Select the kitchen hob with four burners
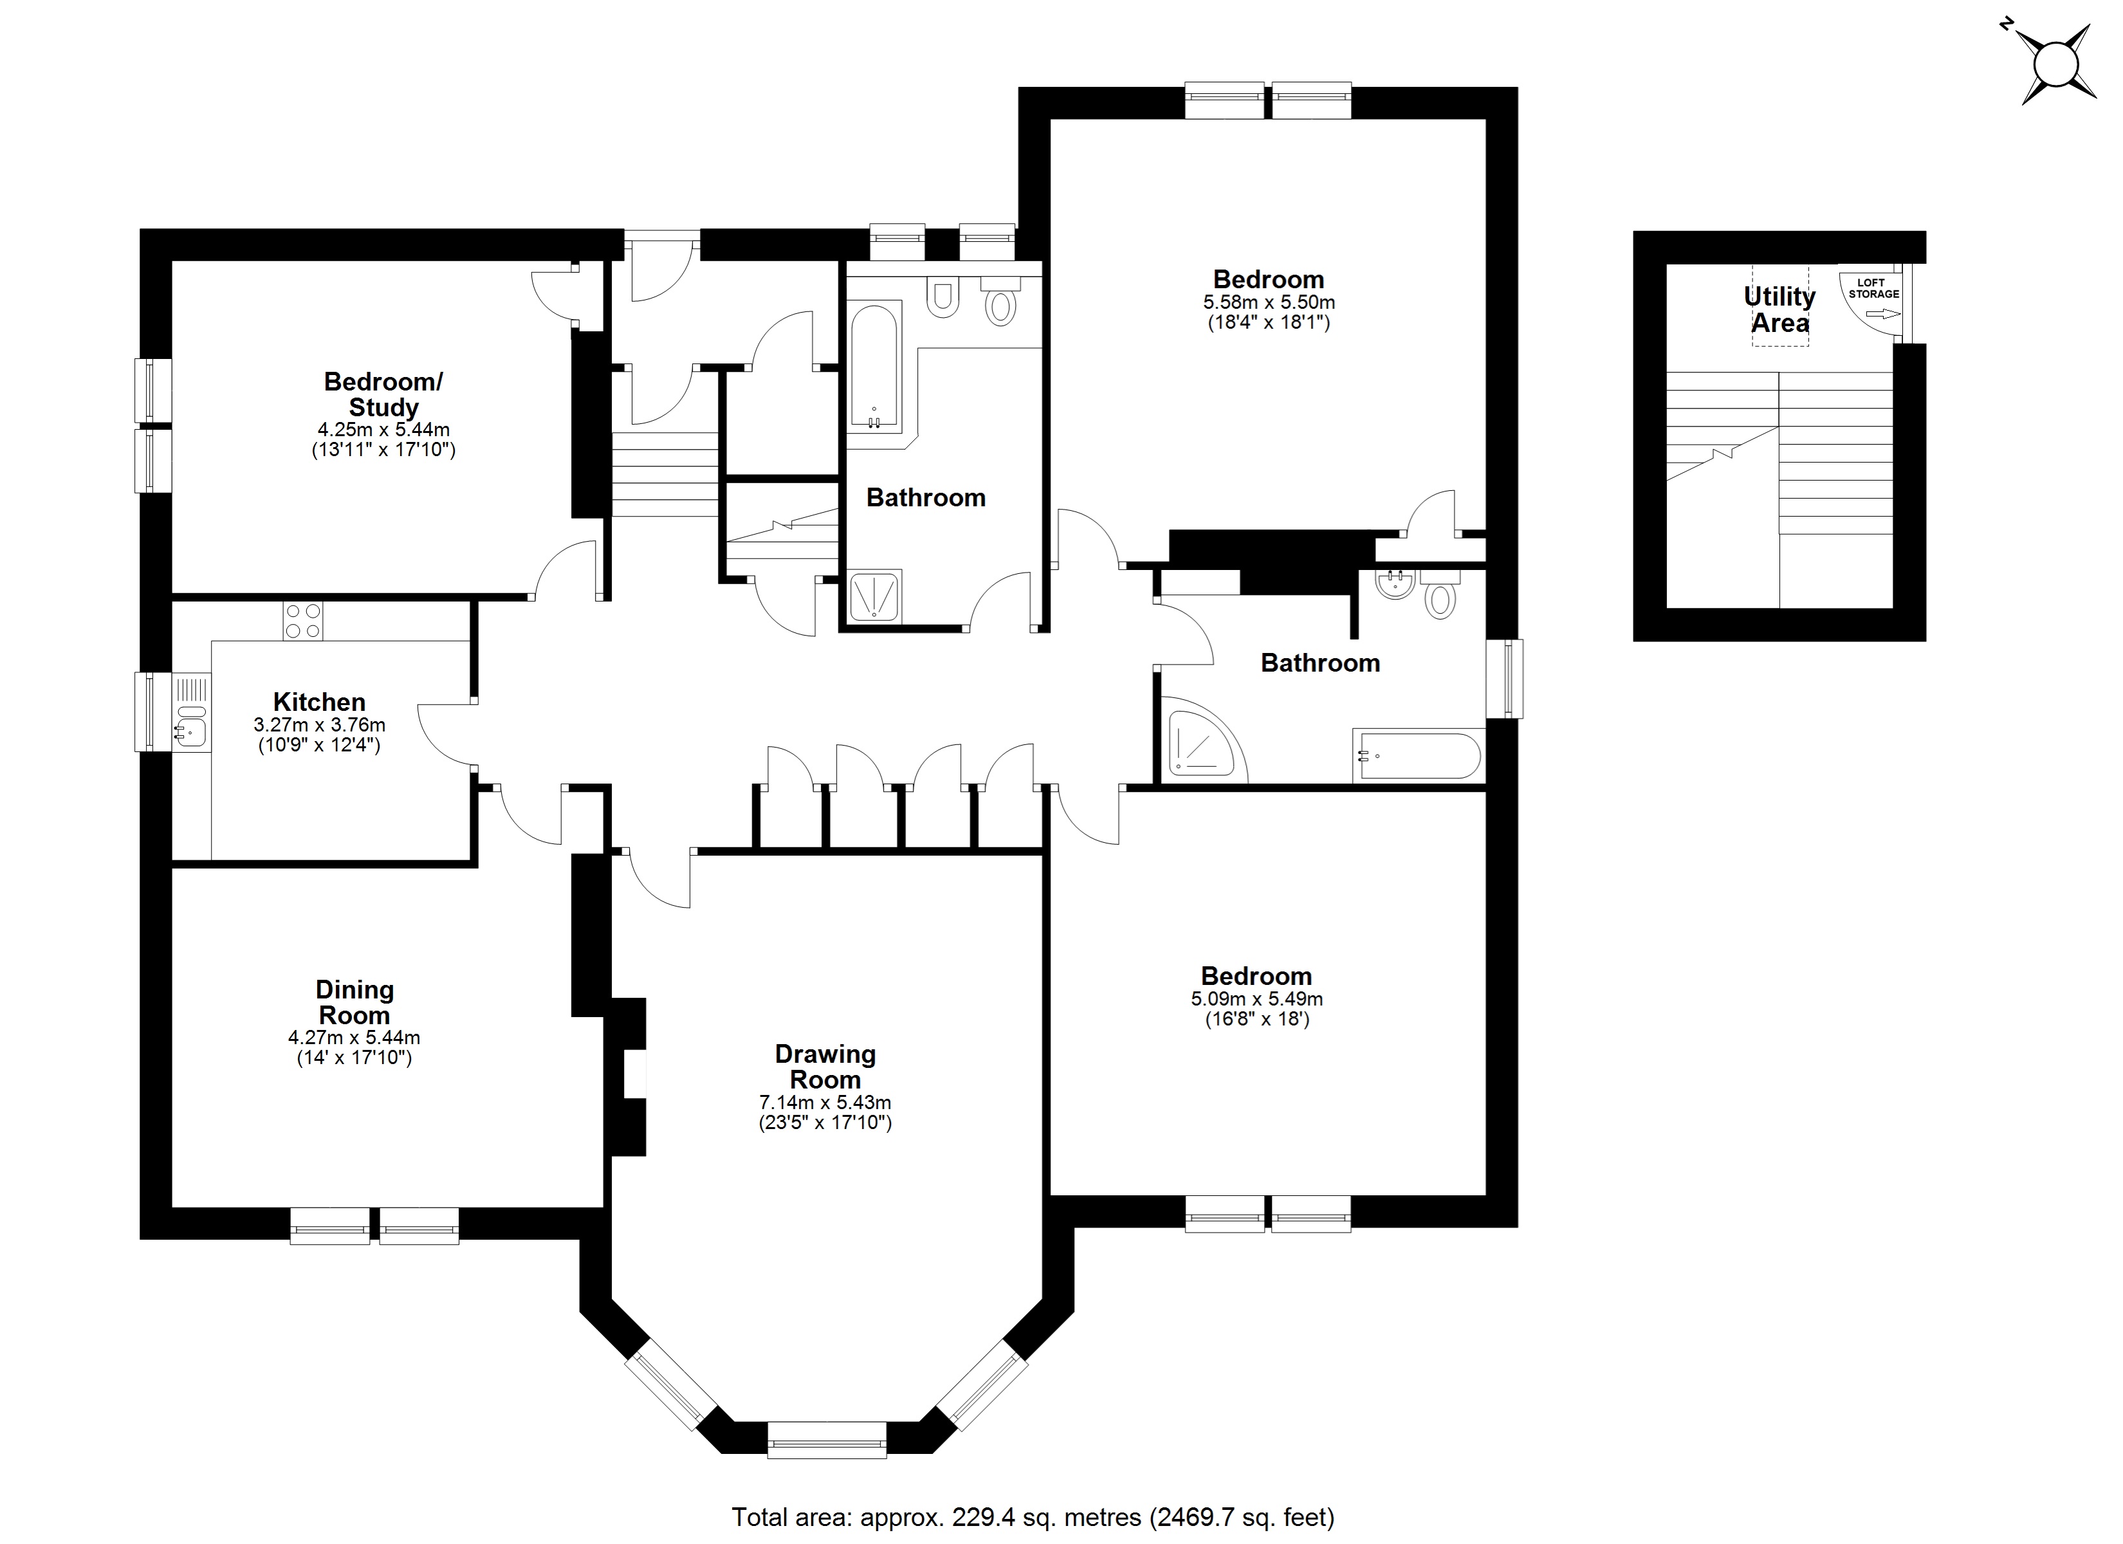[302, 621]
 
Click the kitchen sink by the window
[191, 728]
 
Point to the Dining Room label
[354, 1003]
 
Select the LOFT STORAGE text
[1873, 288]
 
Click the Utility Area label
[1779, 310]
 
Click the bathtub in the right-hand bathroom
[1418, 757]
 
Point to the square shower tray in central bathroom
[874, 596]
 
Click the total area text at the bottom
[1033, 1517]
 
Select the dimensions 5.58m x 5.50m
[1269, 302]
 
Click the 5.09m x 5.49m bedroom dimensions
[1256, 999]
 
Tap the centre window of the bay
[827, 1439]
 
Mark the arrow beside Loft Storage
[1882, 315]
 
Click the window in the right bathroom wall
[1504, 679]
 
